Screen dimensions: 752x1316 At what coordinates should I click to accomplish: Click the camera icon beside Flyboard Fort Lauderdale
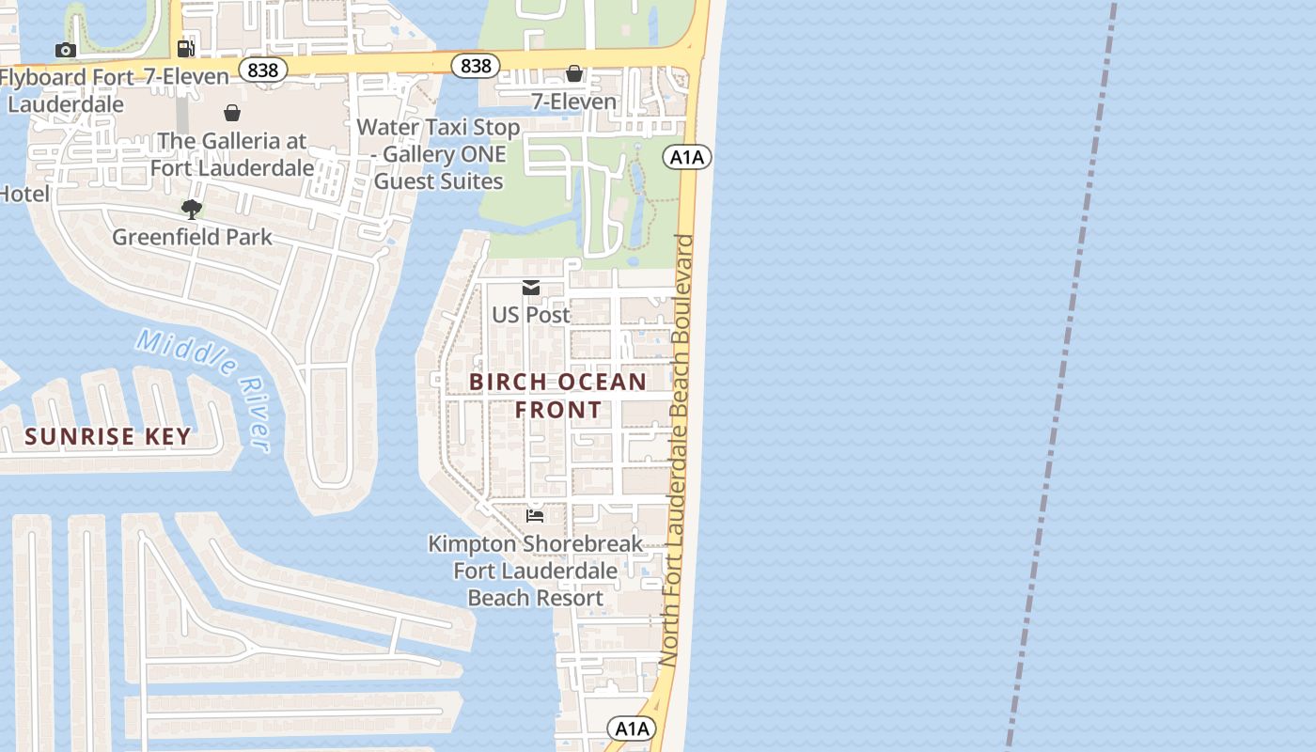[x=65, y=50]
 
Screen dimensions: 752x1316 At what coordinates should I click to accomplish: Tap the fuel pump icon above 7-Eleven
[x=186, y=49]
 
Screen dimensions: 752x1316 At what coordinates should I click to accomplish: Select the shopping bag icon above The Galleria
[x=232, y=113]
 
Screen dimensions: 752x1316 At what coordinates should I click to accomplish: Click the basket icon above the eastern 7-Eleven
[x=574, y=73]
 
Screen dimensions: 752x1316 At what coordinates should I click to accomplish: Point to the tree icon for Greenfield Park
[x=192, y=209]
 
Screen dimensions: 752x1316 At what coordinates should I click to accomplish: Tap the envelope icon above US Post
[x=531, y=288]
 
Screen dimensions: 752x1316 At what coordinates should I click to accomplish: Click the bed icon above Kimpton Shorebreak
[x=535, y=515]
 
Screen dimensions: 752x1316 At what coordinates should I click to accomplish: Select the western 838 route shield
[x=262, y=69]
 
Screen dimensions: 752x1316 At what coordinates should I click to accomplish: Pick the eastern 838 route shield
[x=476, y=66]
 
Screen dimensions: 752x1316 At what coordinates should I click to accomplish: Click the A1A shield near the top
[x=686, y=157]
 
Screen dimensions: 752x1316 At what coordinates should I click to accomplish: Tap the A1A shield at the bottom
[x=631, y=728]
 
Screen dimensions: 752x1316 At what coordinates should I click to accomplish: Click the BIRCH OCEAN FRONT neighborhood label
[x=557, y=396]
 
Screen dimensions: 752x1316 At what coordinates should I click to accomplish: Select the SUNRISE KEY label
[x=108, y=436]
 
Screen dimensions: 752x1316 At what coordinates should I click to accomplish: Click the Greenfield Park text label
[x=192, y=237]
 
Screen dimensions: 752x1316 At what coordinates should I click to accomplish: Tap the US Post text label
[x=531, y=315]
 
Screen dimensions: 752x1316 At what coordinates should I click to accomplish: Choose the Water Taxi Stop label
[x=438, y=154]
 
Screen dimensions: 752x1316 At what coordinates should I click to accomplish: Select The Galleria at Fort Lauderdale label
[x=231, y=154]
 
